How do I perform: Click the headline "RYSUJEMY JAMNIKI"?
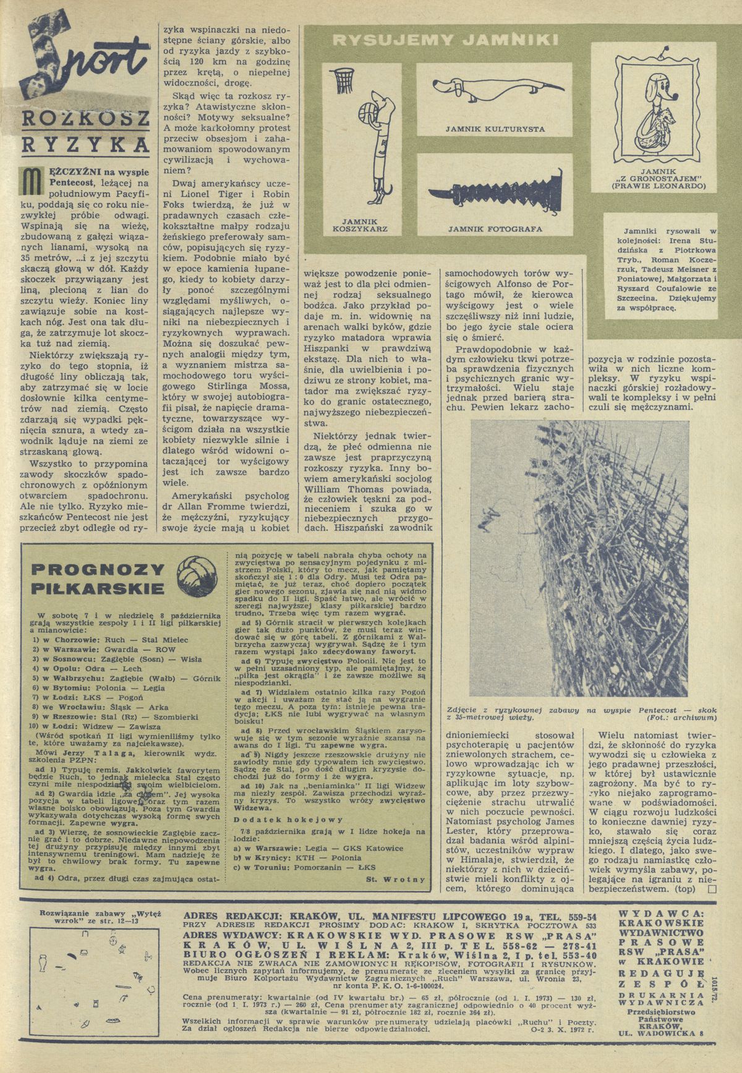445,41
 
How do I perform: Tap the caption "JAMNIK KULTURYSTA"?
495,129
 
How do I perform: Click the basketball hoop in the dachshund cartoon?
341,77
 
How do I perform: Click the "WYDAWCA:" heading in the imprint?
662,913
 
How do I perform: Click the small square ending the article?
711,889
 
